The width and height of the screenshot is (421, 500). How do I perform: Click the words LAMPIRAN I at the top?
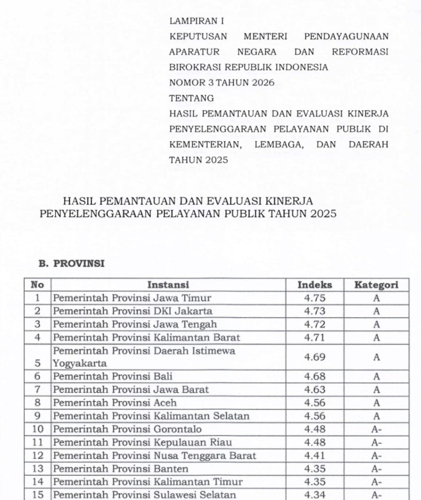pos(196,21)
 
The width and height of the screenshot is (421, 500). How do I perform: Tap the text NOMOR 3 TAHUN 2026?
pos(221,83)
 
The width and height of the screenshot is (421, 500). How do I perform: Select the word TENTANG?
pos(191,98)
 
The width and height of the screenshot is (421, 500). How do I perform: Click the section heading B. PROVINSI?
pos(71,264)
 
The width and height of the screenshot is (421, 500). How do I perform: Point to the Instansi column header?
pos(168,285)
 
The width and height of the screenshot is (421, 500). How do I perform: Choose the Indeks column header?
pos(315,285)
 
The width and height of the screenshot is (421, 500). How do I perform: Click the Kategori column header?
pos(376,285)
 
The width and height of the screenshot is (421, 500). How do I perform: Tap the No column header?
pos(37,285)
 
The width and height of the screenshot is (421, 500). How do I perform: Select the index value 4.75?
pos(315,298)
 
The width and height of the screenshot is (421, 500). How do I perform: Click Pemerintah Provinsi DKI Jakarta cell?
pos(133,311)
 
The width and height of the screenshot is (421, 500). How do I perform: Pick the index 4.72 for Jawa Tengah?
pos(315,324)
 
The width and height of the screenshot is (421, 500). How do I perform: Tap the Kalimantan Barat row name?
pos(146,337)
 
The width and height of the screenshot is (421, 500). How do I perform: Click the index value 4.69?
pos(315,357)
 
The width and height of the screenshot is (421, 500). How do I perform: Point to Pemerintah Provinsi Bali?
pos(113,376)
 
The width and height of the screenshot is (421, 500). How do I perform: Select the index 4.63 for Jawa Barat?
pos(315,390)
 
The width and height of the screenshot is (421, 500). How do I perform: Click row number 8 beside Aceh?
pos(37,403)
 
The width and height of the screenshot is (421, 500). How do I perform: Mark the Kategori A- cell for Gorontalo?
pos(376,429)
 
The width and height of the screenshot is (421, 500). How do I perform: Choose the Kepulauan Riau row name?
pos(142,443)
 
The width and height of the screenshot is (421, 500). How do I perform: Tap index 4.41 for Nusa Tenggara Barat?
pos(315,456)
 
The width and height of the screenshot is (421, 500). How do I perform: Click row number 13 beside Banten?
pos(37,469)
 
